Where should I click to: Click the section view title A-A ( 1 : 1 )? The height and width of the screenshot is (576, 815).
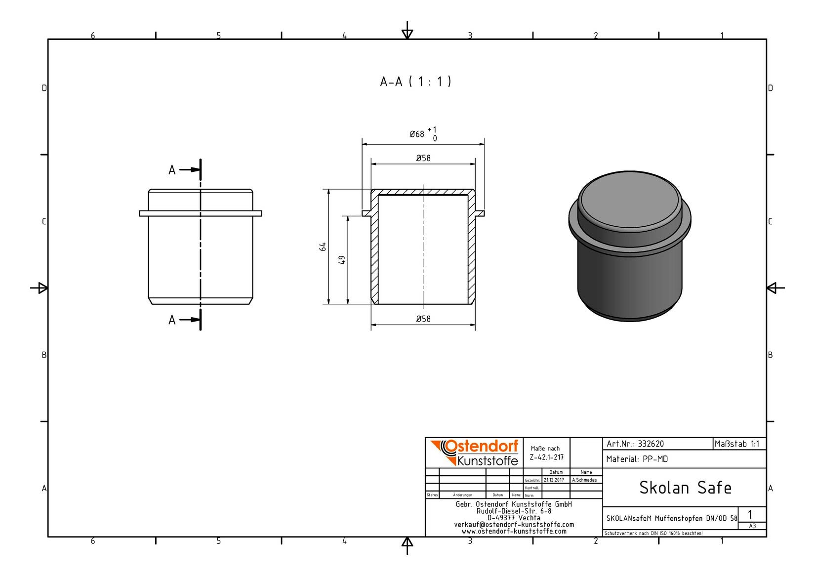pyautogui.click(x=415, y=82)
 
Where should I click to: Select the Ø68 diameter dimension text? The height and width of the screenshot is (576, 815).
pyautogui.click(x=417, y=134)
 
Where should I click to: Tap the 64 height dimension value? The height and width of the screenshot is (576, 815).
pyautogui.click(x=323, y=247)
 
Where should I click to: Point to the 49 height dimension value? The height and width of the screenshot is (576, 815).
pyautogui.click(x=342, y=260)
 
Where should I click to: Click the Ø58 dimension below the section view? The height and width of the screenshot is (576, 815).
pyautogui.click(x=423, y=319)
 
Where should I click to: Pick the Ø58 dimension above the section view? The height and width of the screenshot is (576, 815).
pyautogui.click(x=423, y=158)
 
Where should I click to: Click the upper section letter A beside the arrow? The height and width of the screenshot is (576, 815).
pyautogui.click(x=172, y=170)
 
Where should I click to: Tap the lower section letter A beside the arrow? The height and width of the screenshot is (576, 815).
pyautogui.click(x=172, y=320)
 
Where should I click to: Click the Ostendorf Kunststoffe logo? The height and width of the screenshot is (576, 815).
pyautogui.click(x=475, y=453)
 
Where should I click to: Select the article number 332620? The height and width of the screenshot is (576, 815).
pyautogui.click(x=652, y=444)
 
